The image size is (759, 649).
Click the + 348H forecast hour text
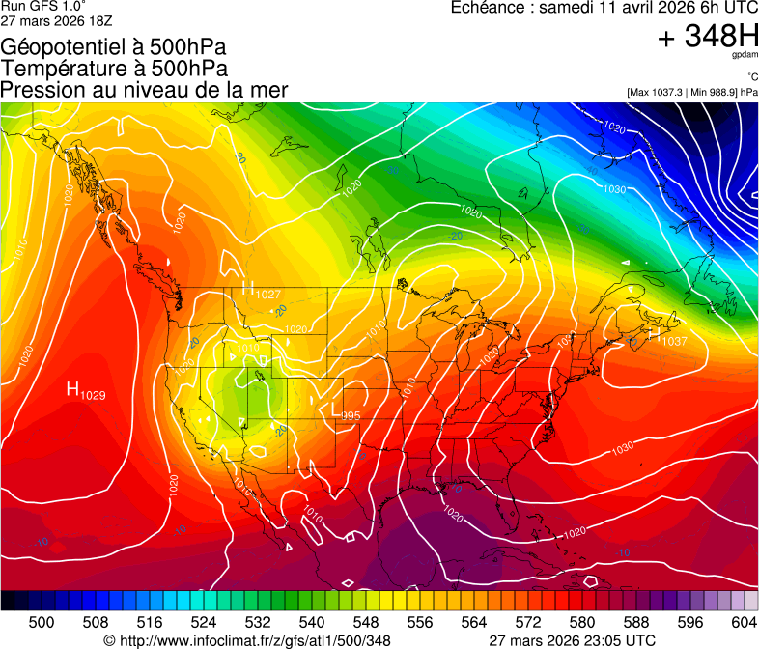[708, 37]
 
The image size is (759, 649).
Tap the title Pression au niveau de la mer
[144, 90]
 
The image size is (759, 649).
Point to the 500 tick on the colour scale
[42, 622]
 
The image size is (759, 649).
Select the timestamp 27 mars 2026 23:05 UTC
[574, 640]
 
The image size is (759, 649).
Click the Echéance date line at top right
[604, 8]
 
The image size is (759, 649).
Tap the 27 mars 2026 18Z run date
[48, 21]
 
